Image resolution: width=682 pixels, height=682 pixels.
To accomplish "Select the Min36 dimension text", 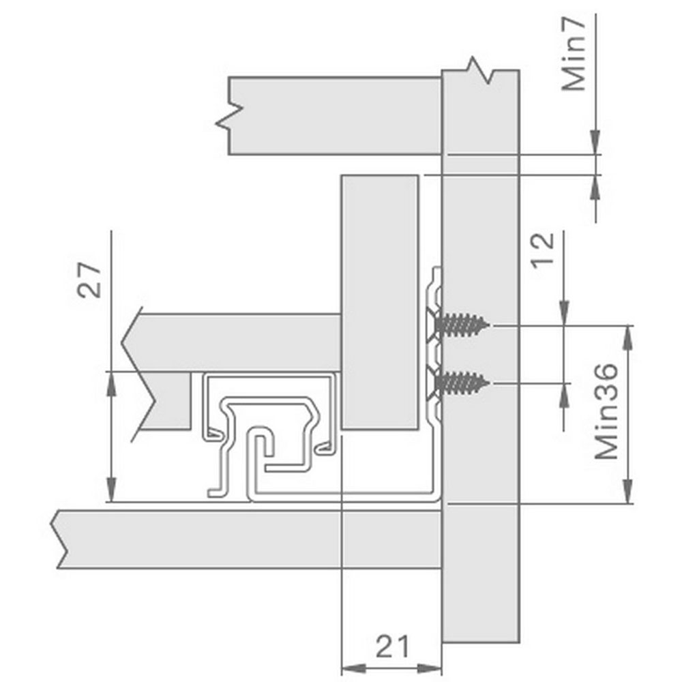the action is [x=606, y=411].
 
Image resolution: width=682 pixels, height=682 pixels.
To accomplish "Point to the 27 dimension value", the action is [x=89, y=280].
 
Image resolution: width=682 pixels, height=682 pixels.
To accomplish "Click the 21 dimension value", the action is [x=392, y=647].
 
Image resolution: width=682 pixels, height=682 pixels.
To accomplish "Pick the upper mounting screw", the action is [x=461, y=325].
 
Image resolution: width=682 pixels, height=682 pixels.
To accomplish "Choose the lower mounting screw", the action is [x=461, y=383].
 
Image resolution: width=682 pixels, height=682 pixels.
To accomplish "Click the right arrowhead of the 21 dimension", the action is [x=430, y=668].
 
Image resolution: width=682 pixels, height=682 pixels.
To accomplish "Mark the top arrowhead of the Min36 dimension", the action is [x=627, y=338].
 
